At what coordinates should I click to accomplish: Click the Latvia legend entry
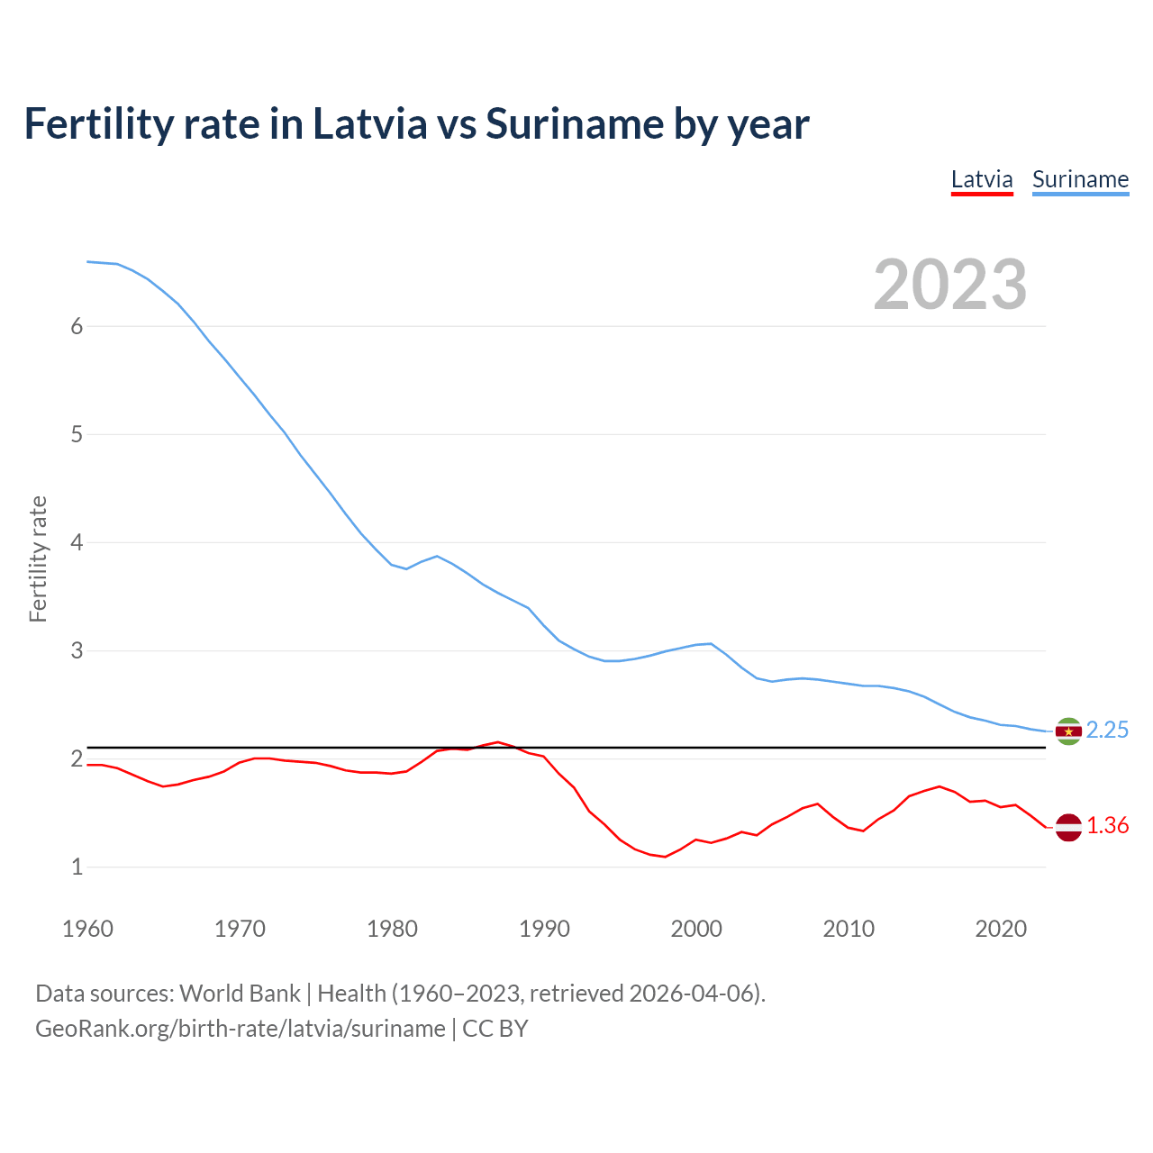(982, 180)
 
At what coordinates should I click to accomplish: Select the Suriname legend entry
(1080, 180)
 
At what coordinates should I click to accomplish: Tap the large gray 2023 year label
(949, 285)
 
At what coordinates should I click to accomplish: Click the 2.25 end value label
(1107, 731)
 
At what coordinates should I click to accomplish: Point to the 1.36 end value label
(1107, 826)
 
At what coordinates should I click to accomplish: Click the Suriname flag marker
(1068, 731)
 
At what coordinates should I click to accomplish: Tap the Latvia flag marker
(1068, 827)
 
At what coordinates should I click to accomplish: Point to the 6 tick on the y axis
(77, 327)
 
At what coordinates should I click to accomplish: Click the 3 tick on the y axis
(77, 651)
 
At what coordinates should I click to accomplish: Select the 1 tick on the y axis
(77, 867)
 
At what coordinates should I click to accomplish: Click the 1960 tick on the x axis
(87, 929)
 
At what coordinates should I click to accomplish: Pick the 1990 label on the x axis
(544, 929)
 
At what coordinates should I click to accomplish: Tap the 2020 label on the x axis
(1001, 929)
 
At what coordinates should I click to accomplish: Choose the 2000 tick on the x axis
(696, 929)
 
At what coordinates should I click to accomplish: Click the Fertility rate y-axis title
(38, 558)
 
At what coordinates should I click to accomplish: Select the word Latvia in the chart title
(369, 124)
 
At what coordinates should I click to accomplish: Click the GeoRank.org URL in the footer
(241, 1029)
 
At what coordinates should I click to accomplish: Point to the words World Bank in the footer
(240, 994)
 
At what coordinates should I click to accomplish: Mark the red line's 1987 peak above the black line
(498, 742)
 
